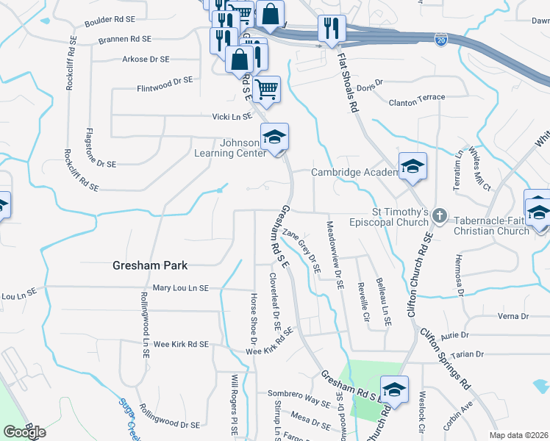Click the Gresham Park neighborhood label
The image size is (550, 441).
click(150, 265)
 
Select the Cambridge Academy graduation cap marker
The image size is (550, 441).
click(413, 168)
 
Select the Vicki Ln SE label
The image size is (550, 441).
click(232, 116)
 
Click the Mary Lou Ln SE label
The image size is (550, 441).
click(182, 288)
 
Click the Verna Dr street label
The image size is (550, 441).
click(514, 316)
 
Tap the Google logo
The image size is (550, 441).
click(24, 432)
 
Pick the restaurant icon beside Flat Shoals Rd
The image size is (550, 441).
click(332, 29)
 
